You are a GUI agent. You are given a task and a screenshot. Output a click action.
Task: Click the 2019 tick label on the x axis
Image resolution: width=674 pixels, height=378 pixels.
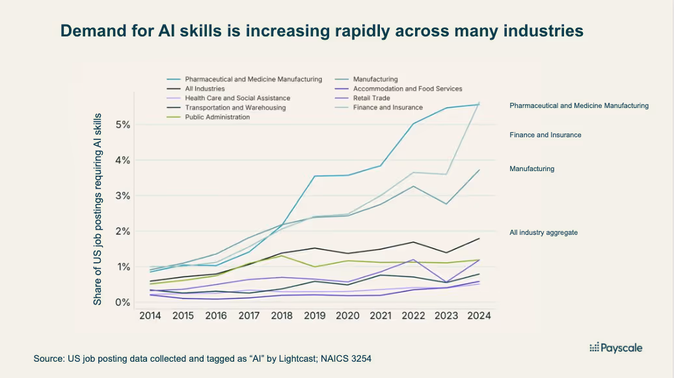315,316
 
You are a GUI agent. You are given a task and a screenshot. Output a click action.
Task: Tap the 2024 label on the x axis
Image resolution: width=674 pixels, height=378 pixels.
479,316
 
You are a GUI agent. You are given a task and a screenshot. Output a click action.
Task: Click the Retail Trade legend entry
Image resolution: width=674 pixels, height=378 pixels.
371,98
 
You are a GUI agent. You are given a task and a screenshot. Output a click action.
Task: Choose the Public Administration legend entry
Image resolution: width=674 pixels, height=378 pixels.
218,117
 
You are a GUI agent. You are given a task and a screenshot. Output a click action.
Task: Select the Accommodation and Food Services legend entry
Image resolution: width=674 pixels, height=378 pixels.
407,88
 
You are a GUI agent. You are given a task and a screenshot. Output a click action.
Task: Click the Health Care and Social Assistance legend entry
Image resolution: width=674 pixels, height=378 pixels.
237,98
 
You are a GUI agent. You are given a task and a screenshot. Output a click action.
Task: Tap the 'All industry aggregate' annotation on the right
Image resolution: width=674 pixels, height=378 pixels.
543,232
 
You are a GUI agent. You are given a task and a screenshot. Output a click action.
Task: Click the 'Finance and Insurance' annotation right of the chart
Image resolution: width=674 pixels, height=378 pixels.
545,135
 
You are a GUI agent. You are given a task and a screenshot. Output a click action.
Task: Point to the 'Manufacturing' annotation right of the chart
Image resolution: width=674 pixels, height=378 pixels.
532,169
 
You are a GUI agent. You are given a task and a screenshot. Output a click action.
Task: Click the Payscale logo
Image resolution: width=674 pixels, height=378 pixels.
615,347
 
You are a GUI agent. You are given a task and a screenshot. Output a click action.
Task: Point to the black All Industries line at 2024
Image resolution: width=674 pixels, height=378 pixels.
479,239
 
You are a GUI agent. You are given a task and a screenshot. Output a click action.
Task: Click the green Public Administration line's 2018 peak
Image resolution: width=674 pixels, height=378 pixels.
282,256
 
